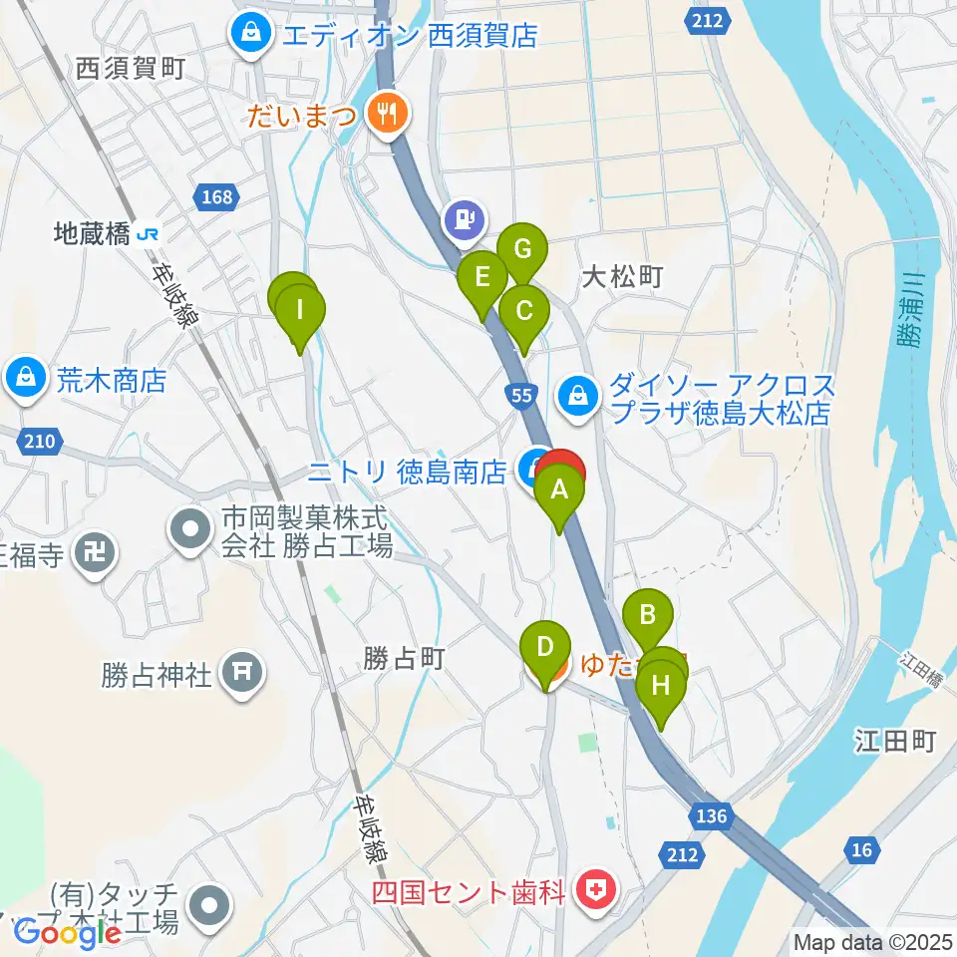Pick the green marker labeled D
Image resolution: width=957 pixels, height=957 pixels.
click(545, 646)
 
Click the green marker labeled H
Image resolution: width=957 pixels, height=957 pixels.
click(661, 686)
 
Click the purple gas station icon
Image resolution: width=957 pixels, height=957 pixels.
click(464, 216)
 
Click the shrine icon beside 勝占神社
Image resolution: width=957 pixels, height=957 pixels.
click(241, 675)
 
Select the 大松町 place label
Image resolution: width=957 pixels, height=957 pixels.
click(624, 277)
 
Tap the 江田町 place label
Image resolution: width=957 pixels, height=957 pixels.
click(895, 741)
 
